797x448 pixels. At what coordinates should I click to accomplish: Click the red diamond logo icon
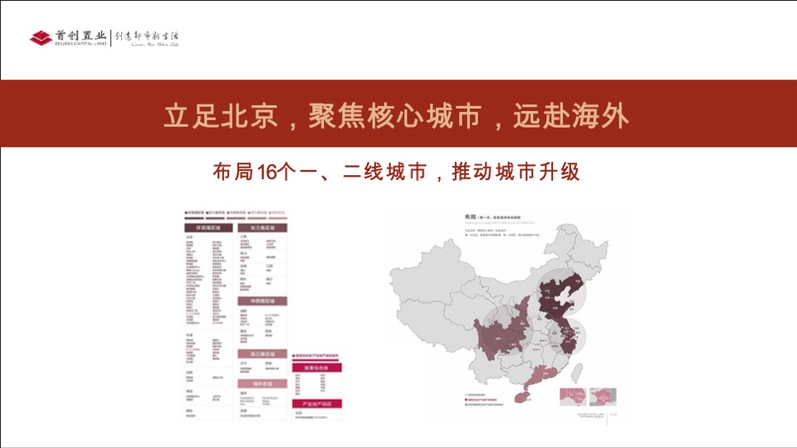coord(41,38)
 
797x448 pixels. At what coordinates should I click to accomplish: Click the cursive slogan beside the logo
coord(147,38)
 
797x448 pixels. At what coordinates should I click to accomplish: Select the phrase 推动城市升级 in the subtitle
coord(515,172)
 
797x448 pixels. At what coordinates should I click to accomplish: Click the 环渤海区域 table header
coord(208,226)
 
